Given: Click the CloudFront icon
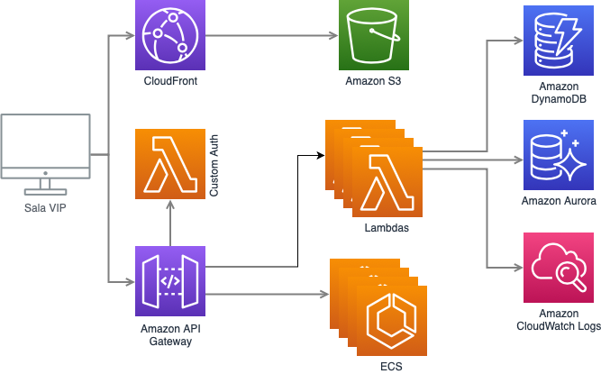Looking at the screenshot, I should coord(170,36).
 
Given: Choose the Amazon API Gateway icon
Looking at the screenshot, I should coord(170,280).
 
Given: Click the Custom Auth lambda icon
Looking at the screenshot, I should coord(170,164).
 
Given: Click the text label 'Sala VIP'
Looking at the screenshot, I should coord(45,208).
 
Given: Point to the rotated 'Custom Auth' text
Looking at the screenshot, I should coord(214,164).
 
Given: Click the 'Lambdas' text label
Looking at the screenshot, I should coord(387,229).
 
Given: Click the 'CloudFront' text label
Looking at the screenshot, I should coord(170,82).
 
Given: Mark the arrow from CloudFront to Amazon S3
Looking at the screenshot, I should coord(270,37).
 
